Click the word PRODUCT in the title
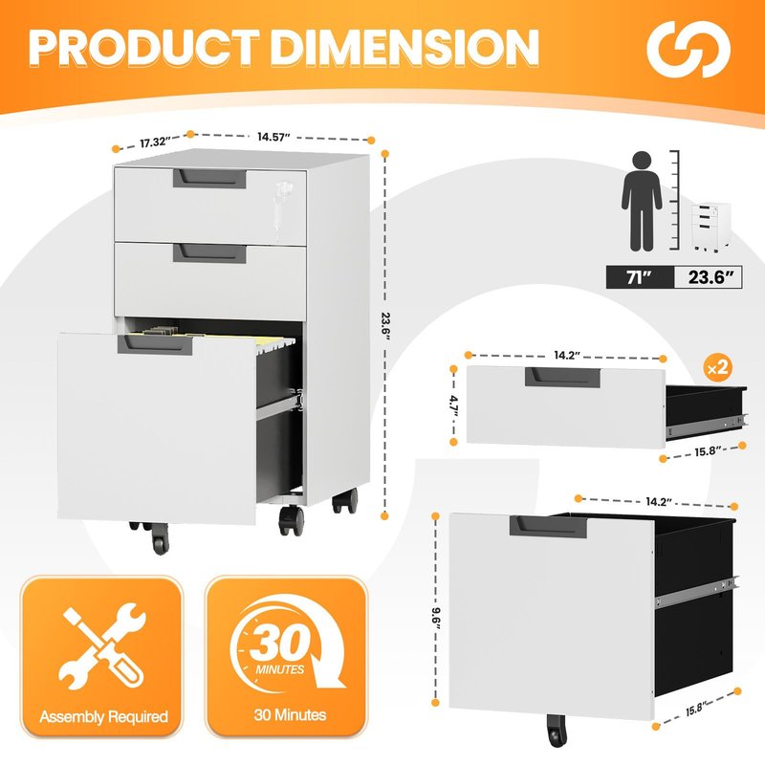143,47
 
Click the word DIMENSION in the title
404,47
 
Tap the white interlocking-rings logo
688,49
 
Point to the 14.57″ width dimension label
273,137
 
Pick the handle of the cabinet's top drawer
209,178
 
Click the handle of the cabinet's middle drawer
209,253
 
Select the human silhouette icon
641,201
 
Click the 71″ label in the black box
639,277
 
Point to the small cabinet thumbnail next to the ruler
710,227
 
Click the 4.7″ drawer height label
454,406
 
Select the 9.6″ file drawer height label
436,618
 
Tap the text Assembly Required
103,716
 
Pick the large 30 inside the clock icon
277,643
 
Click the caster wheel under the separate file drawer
557,731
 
